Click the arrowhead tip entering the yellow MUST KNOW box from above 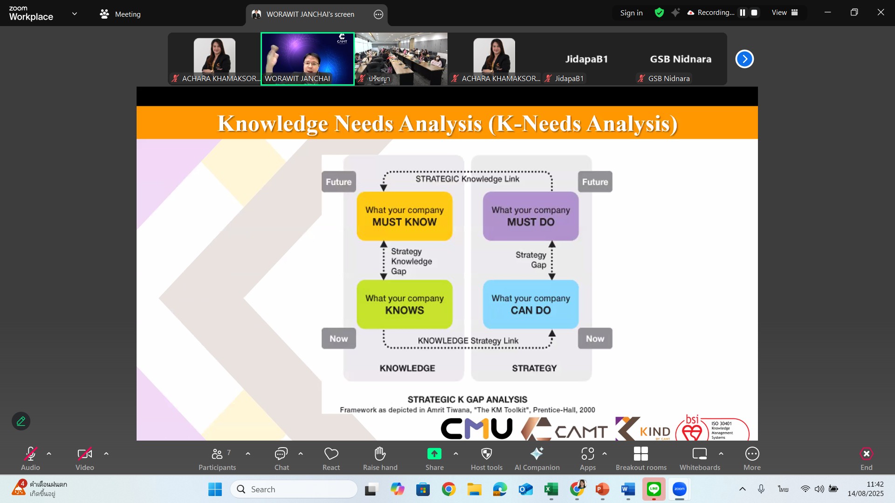point(383,191)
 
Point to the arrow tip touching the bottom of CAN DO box point(552,330)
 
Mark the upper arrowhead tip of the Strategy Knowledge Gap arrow point(384,241)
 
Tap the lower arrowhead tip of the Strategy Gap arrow point(552,279)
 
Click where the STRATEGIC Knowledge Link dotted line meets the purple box point(552,191)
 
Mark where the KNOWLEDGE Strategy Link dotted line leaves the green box point(384,329)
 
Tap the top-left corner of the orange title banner point(137,107)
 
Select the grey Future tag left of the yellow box point(339,182)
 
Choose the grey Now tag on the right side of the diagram point(595,339)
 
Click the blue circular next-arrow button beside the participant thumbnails point(744,59)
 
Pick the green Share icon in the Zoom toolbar point(434,454)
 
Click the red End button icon point(866,454)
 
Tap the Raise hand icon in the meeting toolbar point(380,453)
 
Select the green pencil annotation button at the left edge point(21,421)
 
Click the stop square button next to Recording point(754,13)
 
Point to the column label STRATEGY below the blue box point(534,368)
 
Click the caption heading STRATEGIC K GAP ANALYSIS point(468,400)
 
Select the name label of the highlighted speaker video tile point(297,79)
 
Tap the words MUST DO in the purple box point(531,222)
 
